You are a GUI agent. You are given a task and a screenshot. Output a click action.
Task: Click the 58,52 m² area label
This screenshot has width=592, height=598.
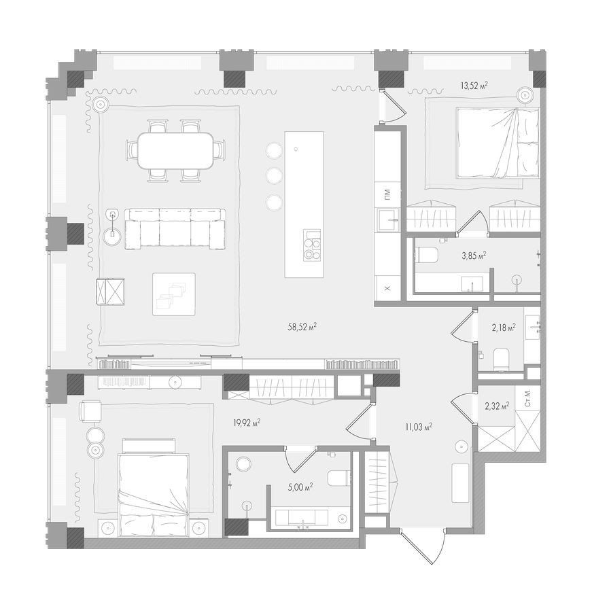click(302, 327)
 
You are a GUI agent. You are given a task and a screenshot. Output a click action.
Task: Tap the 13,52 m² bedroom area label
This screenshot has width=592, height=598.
click(474, 86)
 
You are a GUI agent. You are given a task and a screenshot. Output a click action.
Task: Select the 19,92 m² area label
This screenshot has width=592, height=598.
click(247, 423)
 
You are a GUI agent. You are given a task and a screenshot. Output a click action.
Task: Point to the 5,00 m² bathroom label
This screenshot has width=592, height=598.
click(299, 487)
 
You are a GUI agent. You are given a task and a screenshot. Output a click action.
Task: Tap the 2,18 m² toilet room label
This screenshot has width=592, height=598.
click(503, 328)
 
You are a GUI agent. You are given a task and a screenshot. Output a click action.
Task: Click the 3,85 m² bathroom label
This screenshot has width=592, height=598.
click(474, 256)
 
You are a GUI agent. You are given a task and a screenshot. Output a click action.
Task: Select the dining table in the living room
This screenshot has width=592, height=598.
click(175, 150)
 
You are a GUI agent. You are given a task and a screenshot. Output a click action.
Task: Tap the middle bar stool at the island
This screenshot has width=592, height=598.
click(274, 176)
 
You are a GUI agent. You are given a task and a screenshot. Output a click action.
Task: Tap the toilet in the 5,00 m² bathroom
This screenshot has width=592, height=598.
click(338, 478)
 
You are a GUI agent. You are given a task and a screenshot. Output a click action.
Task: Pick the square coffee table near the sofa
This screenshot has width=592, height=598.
click(173, 294)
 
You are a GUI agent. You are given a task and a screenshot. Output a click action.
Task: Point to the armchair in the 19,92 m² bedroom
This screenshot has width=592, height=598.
click(90, 411)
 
